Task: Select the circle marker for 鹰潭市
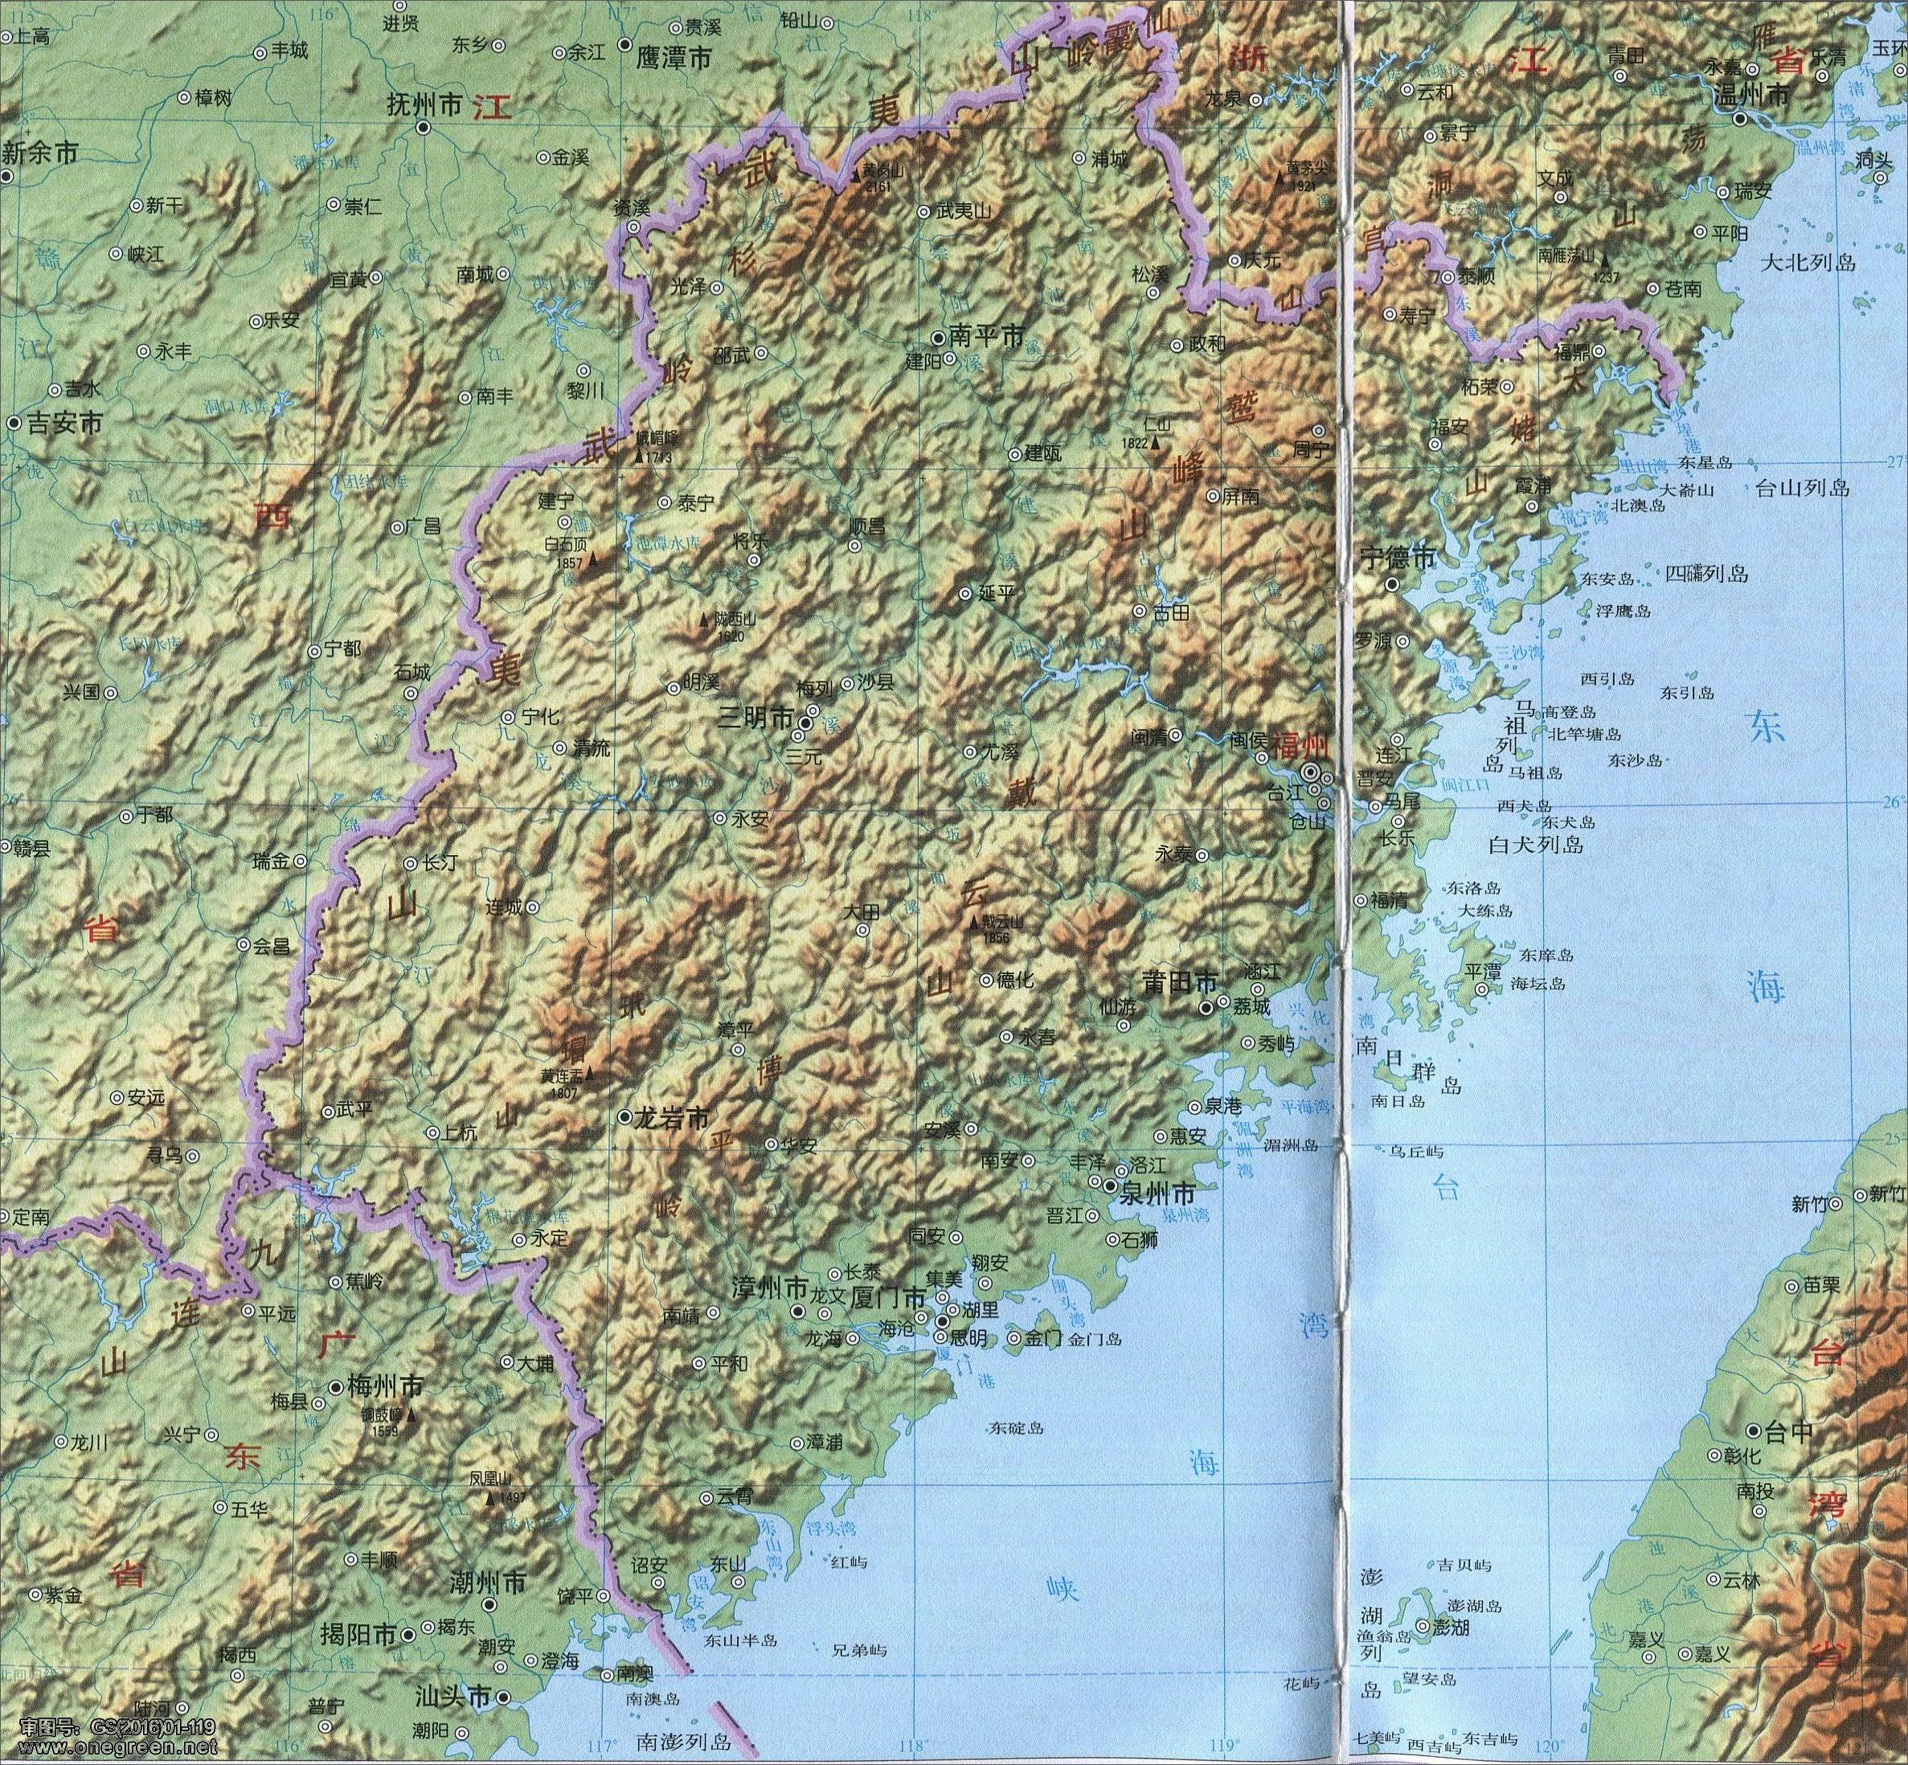point(624,44)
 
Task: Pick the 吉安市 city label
point(64,423)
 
